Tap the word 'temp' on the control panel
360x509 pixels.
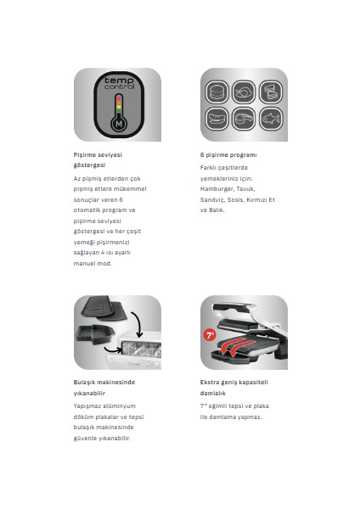(117, 81)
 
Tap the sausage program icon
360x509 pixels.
(243, 119)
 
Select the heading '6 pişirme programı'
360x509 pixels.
(228, 155)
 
